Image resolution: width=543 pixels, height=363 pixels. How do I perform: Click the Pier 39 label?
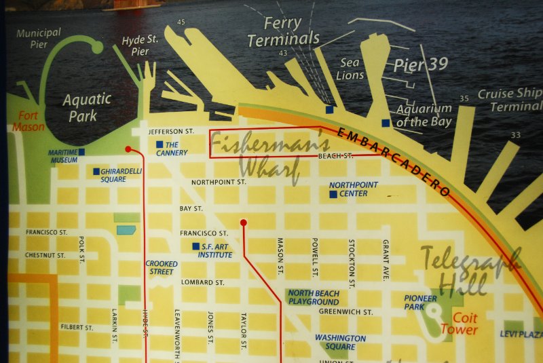click(x=421, y=64)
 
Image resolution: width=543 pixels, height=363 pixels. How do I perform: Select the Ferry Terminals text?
click(x=283, y=32)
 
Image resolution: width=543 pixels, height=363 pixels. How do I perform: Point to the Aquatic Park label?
click(x=87, y=107)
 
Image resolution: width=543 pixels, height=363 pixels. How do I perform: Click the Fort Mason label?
click(x=27, y=120)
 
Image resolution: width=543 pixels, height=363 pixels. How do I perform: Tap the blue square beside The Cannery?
click(x=160, y=145)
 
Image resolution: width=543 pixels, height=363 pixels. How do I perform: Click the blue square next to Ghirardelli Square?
click(x=96, y=171)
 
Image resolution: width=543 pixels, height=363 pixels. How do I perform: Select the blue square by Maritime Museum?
click(x=81, y=151)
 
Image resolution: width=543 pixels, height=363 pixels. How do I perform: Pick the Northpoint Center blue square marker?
click(x=333, y=194)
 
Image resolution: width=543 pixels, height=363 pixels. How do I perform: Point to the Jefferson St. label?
click(x=171, y=131)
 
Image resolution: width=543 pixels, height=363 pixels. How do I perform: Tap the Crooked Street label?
click(x=162, y=267)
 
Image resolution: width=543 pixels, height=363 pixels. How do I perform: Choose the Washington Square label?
click(x=340, y=342)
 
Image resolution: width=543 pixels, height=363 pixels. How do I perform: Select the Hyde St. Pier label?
click(x=140, y=45)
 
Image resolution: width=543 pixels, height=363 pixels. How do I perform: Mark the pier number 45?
click(x=181, y=22)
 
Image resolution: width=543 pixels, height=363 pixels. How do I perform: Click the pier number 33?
click(x=515, y=135)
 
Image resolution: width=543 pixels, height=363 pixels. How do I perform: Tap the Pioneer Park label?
click(x=421, y=302)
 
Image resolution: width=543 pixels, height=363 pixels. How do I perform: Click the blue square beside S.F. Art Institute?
click(x=195, y=246)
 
